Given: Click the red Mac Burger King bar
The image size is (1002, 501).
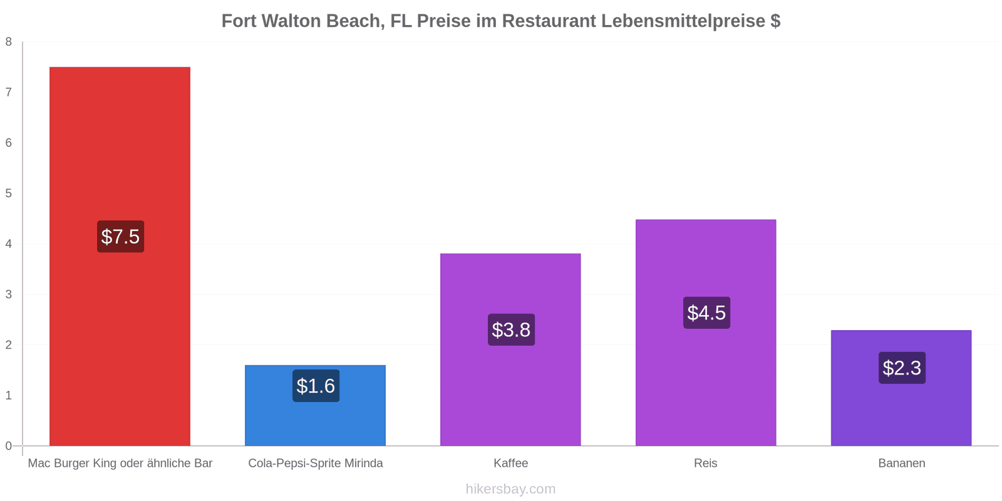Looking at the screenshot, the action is [120, 256].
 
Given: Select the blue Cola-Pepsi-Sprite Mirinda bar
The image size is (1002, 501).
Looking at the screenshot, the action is [316, 406].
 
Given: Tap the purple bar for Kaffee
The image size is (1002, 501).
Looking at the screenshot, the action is [510, 350].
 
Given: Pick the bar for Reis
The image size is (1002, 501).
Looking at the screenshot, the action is [706, 333].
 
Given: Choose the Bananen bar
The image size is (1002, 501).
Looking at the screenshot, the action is [901, 388].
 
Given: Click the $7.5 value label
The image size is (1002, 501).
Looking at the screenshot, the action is [120, 237].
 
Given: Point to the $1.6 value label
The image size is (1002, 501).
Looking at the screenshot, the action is [316, 386].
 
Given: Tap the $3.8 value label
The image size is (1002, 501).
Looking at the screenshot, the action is [511, 329].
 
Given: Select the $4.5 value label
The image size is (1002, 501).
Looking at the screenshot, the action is [707, 312].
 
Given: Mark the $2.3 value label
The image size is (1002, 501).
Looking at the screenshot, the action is [902, 368].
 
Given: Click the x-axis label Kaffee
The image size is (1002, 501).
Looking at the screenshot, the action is [511, 463].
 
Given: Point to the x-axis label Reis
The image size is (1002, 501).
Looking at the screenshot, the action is [705, 463].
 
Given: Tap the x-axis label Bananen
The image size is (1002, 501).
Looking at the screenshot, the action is [902, 463].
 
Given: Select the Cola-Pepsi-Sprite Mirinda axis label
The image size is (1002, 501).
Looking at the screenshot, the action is [316, 463].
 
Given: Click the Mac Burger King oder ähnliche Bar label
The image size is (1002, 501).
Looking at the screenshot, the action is [120, 463].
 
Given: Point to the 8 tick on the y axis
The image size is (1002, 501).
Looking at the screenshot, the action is [9, 42].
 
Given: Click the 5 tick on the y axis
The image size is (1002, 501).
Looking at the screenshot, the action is [9, 194].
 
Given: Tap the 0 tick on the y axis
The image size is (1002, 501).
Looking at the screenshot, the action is [9, 446].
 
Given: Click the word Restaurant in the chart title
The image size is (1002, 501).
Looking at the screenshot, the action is [549, 21].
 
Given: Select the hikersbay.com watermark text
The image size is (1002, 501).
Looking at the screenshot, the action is [510, 488].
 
